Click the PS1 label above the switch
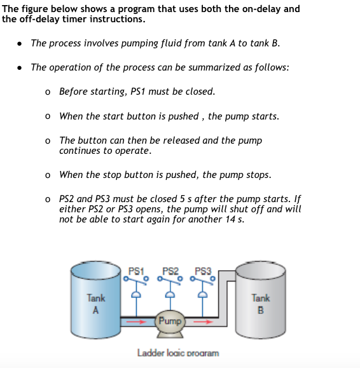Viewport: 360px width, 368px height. (x=136, y=271)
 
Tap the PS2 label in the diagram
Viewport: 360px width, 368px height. (x=170, y=271)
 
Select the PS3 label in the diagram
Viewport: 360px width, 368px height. (x=203, y=271)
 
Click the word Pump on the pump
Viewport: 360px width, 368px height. (x=170, y=321)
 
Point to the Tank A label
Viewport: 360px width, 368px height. (x=96, y=304)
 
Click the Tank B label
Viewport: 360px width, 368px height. (x=261, y=304)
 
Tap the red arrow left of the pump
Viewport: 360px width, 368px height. (x=136, y=322)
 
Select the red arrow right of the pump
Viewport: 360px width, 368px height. (x=203, y=322)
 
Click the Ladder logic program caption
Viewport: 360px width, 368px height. (x=178, y=353)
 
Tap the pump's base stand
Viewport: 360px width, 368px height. (x=170, y=334)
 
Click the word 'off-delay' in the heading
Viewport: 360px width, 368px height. (x=39, y=19)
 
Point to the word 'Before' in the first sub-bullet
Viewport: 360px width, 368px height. (x=74, y=92)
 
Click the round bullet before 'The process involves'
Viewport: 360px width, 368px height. (x=20, y=44)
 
